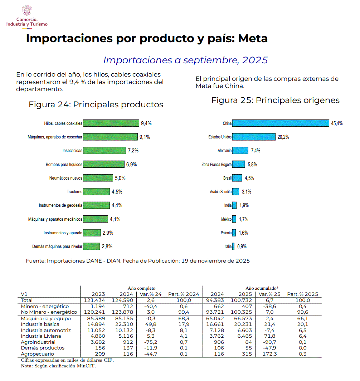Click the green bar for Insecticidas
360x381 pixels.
click(104, 151)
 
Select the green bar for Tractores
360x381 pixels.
click(96, 192)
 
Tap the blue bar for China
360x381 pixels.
click(281, 123)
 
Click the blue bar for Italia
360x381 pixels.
click(233, 246)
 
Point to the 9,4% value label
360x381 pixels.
click(146, 123)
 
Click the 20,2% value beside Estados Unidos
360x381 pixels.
click(283, 137)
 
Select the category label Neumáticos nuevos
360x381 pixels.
click(66, 178)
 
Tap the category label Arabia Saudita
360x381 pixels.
click(220, 192)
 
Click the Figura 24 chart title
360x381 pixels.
click(96, 104)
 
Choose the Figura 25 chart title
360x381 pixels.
click(275, 100)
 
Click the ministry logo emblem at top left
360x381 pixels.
click(27, 11)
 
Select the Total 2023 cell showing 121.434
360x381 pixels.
click(95, 300)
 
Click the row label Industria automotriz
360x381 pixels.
click(46, 330)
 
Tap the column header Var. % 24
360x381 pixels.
click(150, 294)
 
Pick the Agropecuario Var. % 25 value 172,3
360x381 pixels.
click(269, 354)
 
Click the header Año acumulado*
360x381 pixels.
click(262, 288)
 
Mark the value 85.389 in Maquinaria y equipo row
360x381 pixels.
click(95, 318)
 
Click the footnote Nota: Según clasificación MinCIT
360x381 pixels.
click(58, 366)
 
